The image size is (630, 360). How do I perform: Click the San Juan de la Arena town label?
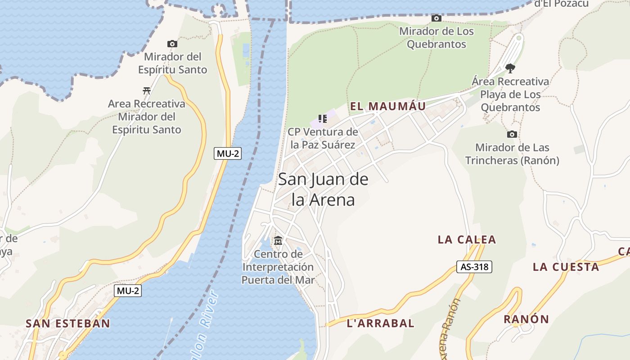323,189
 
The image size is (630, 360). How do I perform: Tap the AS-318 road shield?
474,267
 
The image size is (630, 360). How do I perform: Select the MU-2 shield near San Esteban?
128,291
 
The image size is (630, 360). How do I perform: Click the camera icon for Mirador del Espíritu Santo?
172,44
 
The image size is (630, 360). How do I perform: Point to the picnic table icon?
146,91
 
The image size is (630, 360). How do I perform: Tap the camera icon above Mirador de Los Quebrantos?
436,18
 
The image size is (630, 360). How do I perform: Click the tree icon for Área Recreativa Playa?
510,68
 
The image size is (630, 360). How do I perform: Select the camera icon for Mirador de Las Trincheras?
512,134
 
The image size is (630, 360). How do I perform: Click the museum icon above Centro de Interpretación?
278,241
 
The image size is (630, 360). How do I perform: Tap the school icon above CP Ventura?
322,119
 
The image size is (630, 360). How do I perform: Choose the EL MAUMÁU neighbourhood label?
388,106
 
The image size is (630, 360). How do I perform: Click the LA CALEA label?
467,239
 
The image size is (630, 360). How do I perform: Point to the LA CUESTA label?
566,267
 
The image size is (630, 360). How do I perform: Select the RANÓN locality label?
526,319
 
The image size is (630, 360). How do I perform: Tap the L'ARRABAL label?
381,323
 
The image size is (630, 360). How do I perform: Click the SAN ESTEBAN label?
67,323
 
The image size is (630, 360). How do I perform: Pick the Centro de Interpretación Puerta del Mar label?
278,267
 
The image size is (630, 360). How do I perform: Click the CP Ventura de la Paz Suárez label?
323,138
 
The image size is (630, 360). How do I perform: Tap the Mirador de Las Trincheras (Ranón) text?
512,154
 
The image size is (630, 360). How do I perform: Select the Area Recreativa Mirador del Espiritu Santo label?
146,117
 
